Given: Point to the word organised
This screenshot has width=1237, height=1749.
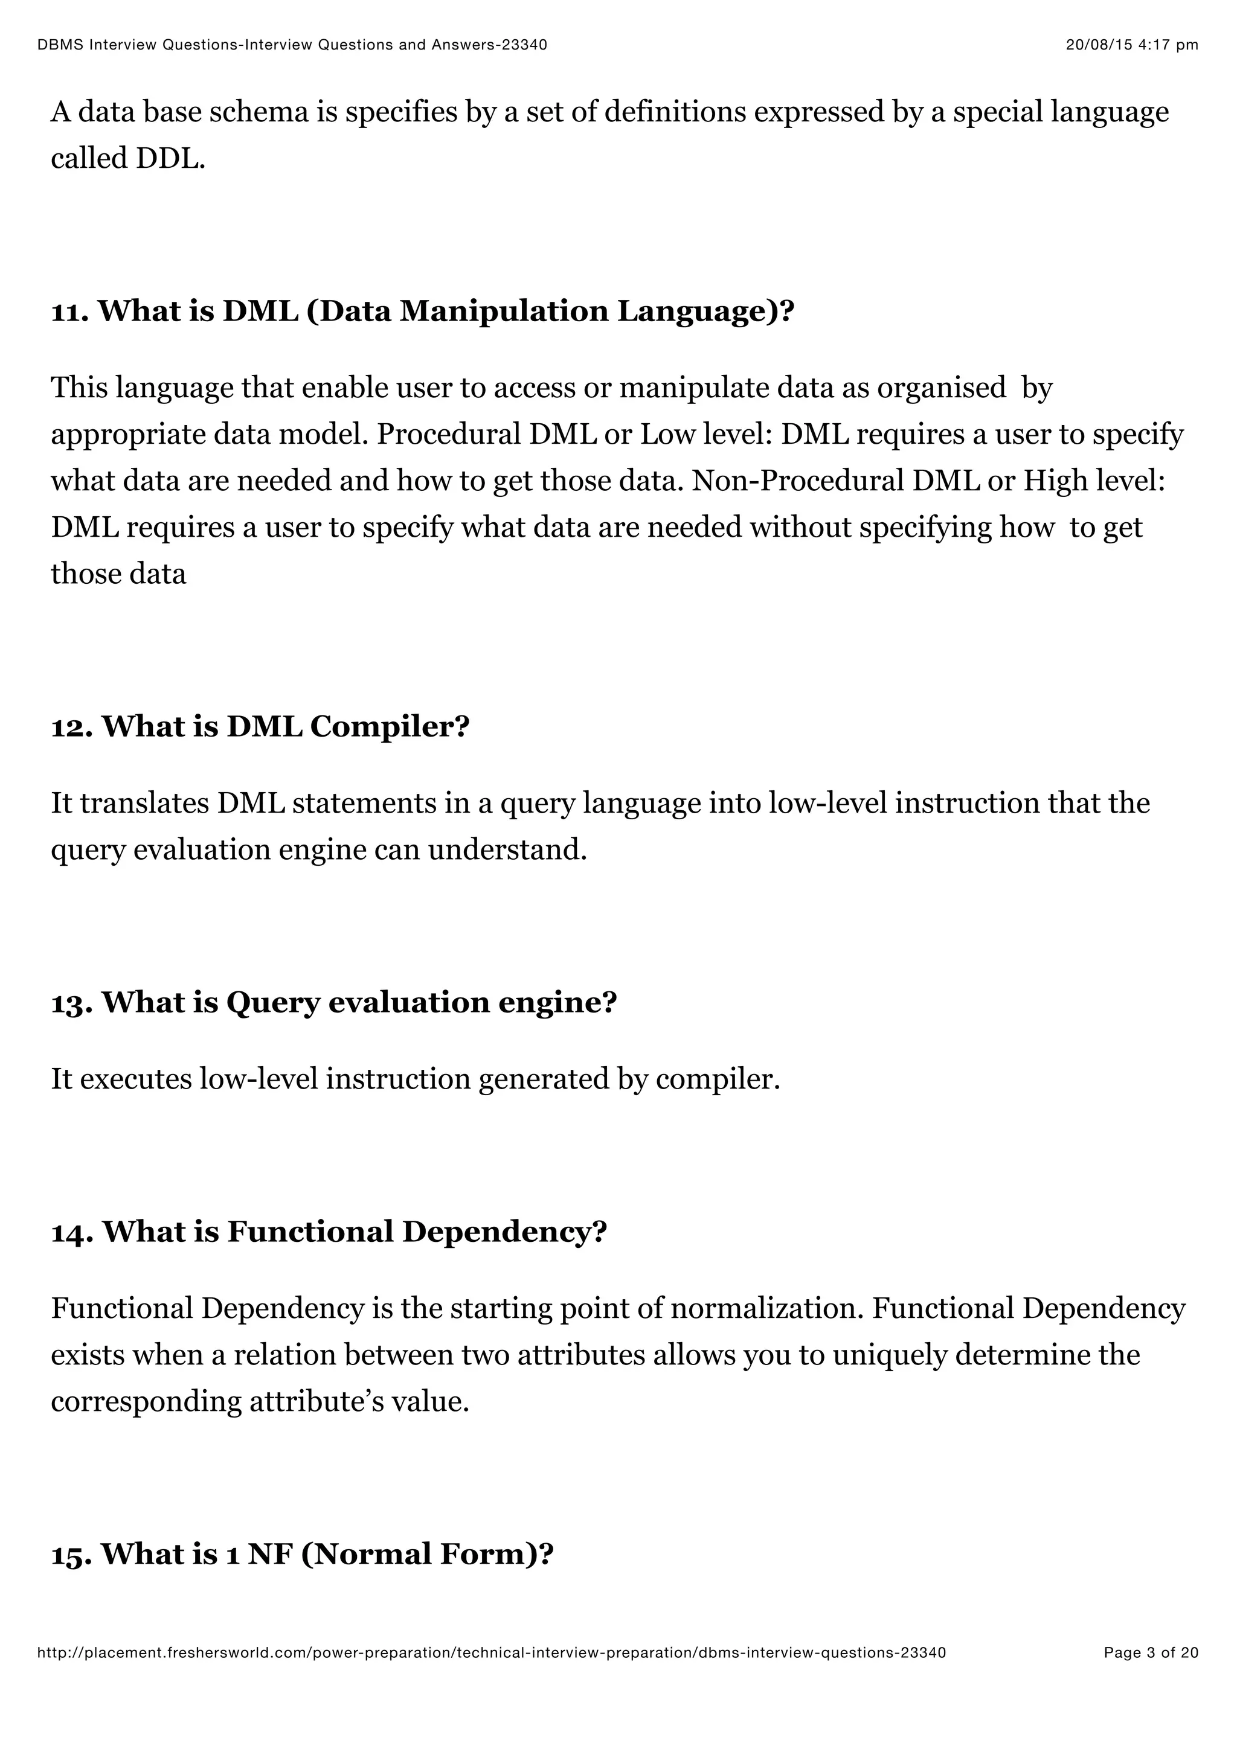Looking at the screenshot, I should click(941, 388).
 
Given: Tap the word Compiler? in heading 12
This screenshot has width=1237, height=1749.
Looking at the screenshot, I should click(390, 727).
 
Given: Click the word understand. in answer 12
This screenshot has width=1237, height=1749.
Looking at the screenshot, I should click(507, 849).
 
